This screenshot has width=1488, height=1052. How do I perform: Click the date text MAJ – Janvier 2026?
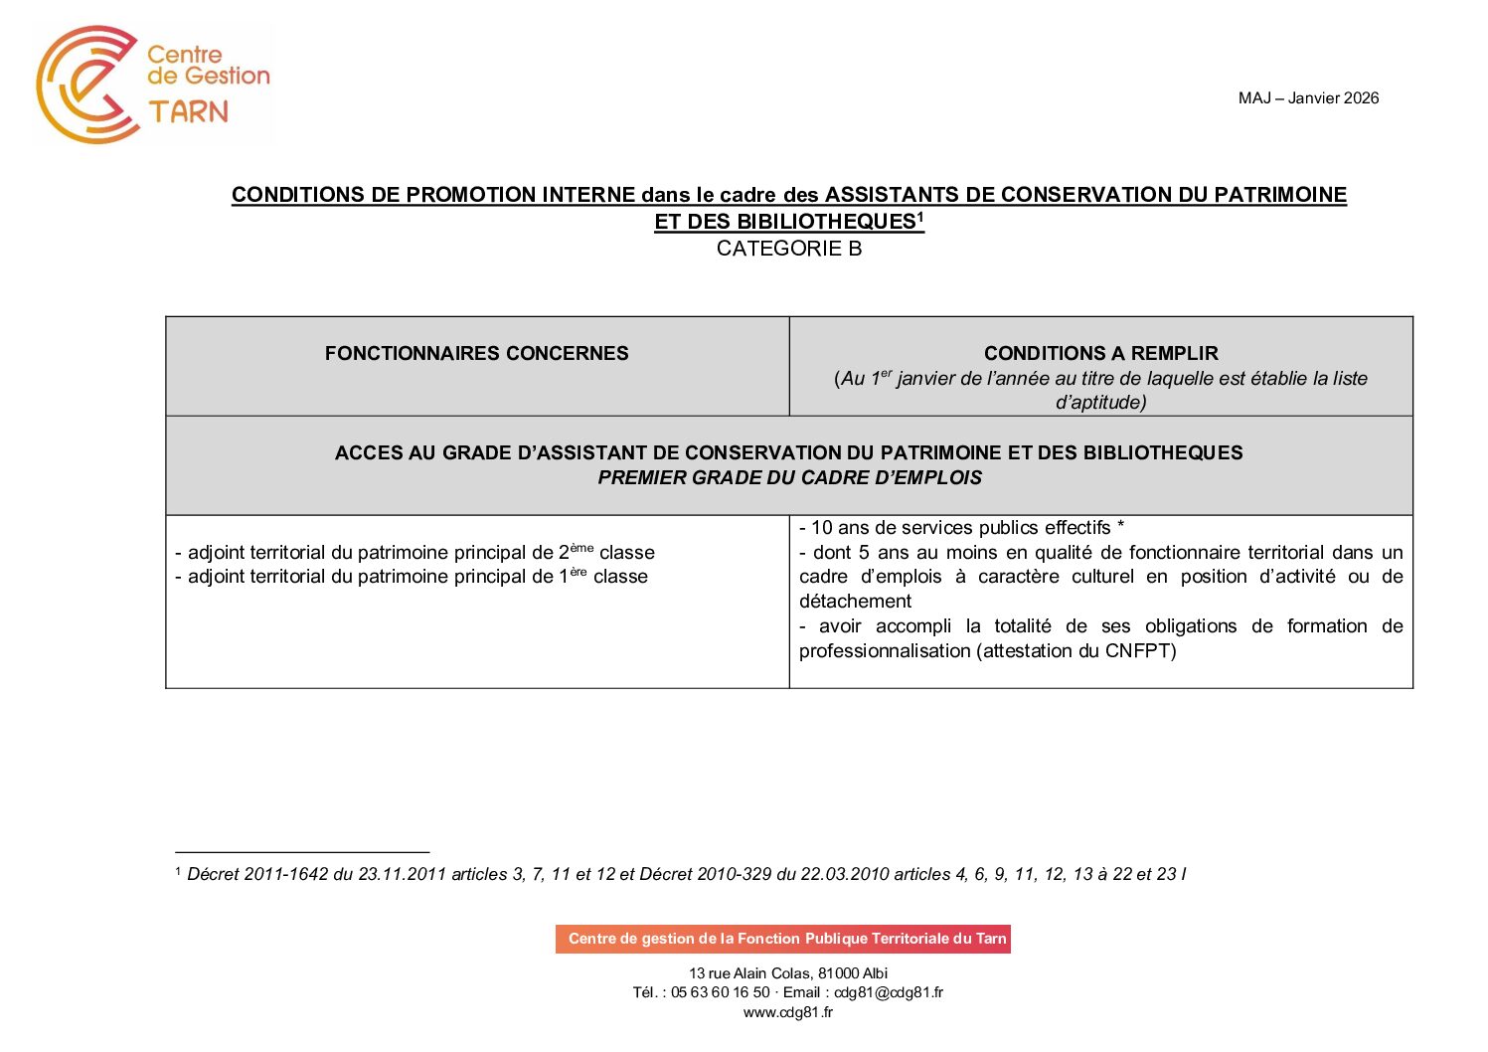(1308, 97)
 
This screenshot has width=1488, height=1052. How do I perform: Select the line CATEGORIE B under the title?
(788, 249)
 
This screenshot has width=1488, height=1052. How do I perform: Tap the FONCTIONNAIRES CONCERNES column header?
(476, 353)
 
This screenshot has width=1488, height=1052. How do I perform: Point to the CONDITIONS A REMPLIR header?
(1100, 353)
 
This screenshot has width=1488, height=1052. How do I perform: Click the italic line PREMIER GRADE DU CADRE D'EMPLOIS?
(789, 478)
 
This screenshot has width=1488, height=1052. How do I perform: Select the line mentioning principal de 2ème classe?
(414, 552)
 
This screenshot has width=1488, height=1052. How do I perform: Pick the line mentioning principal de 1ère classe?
(412, 577)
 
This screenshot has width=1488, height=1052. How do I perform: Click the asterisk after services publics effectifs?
(1120, 527)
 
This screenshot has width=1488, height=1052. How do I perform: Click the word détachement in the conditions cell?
(855, 602)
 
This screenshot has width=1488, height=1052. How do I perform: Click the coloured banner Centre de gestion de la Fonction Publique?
(783, 939)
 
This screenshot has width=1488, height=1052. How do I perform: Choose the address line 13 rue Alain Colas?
(788, 973)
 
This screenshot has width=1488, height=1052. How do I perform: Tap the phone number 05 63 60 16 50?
(720, 992)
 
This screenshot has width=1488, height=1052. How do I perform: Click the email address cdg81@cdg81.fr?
(889, 992)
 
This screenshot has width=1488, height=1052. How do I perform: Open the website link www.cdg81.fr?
(788, 1012)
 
